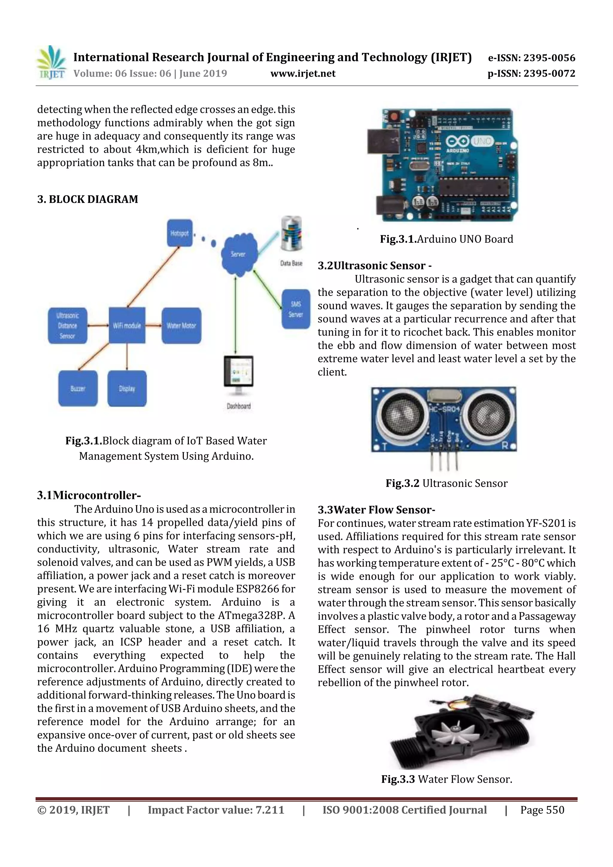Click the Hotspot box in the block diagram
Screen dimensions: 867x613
click(179, 233)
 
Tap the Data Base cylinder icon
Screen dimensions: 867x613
click(291, 234)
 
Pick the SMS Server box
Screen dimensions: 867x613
click(295, 309)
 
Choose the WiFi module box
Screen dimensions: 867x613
click(127, 325)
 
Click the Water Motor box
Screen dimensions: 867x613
click(181, 326)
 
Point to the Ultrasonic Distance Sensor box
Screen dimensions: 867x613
click(67, 326)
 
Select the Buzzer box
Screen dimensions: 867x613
click(78, 388)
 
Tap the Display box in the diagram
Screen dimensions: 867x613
click(127, 388)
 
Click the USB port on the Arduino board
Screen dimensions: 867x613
click(382, 142)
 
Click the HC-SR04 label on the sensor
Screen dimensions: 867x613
click(444, 409)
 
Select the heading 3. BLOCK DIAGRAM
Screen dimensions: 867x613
click(88, 199)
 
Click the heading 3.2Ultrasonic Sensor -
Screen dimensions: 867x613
click(374, 265)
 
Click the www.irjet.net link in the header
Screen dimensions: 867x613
click(303, 73)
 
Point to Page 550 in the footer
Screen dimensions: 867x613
click(542, 810)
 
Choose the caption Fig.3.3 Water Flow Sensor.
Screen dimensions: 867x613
click(447, 779)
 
